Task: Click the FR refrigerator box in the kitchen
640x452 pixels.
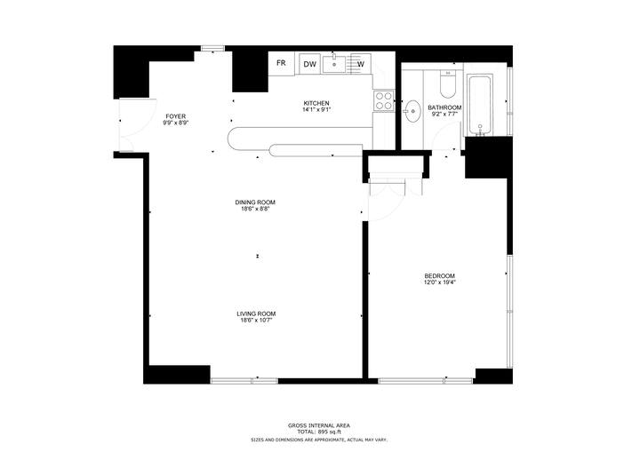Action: tap(281, 63)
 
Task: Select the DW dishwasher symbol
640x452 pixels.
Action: tap(310, 64)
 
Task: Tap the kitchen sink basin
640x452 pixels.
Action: tap(334, 64)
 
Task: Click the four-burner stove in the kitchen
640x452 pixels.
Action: tap(384, 100)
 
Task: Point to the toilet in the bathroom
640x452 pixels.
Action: tap(448, 83)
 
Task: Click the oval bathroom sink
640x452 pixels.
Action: tap(413, 111)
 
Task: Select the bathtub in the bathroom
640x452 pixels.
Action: tap(480, 105)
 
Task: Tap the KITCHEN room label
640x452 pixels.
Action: tap(316, 103)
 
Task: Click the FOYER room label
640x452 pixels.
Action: tap(175, 116)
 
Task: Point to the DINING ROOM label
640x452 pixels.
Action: tap(255, 202)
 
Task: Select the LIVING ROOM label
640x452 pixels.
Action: tap(256, 313)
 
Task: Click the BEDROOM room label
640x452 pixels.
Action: tap(439, 276)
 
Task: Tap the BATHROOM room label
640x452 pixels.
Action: tap(444, 107)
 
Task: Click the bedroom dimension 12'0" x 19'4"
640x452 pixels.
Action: tap(440, 282)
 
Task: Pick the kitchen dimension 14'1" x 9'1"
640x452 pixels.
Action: tap(316, 110)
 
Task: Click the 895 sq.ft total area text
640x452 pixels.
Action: tap(330, 432)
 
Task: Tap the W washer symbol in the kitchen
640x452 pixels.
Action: tap(361, 64)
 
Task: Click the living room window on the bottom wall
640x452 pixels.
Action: tap(244, 381)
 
